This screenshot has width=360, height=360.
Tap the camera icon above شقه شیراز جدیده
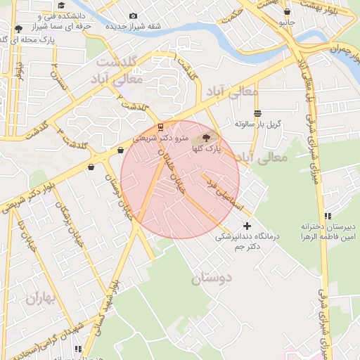pyautogui.click(x=134, y=15)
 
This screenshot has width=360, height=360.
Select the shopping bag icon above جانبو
pyautogui.click(x=287, y=11)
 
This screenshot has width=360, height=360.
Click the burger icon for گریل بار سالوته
pyautogui.click(x=258, y=112)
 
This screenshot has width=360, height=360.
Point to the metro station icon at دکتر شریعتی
pyautogui.click(x=162, y=127)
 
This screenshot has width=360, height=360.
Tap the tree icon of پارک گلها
pyautogui.click(x=206, y=138)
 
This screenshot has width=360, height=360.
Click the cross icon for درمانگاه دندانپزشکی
pyautogui.click(x=246, y=226)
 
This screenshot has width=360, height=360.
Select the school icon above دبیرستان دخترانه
pyautogui.click(x=328, y=216)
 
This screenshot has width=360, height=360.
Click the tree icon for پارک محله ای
pyautogui.click(x=18, y=29)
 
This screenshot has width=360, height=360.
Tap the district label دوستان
pyautogui.click(x=211, y=278)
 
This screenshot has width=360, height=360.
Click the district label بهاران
pyautogui.click(x=40, y=298)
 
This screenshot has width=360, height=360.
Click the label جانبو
pyautogui.click(x=286, y=22)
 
